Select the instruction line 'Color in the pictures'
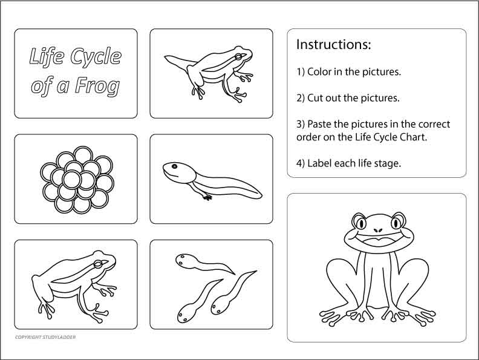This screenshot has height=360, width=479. coord(349,71)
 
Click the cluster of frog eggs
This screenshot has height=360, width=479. coord(76,178)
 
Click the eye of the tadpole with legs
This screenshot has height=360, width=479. coord(174,167)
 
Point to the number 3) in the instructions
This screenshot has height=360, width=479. coord(300,124)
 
